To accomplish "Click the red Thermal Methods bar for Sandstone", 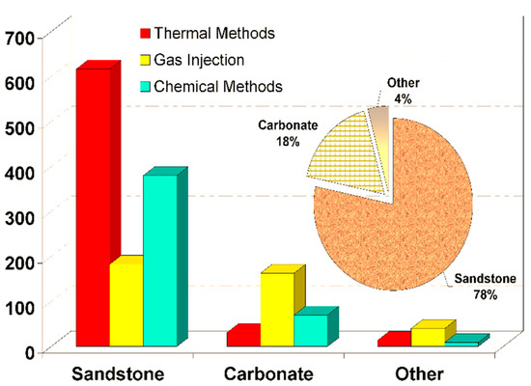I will point(93,207).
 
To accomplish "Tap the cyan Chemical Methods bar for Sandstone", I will point(159,261).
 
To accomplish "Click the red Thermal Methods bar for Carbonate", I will point(241,338).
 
